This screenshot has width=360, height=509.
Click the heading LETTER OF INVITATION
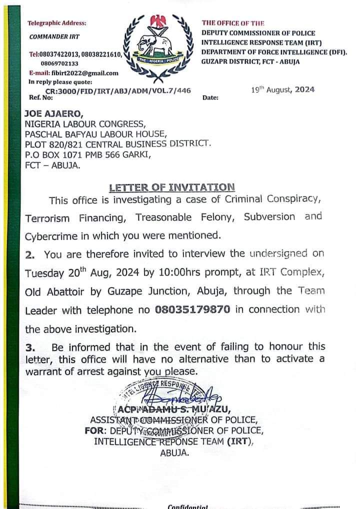171,187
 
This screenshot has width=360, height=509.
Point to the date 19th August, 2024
282,90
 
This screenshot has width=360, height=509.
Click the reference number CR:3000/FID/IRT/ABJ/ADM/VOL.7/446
118,90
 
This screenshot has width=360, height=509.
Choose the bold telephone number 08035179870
192,309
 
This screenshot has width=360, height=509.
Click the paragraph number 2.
30,254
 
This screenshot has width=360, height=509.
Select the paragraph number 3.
30,346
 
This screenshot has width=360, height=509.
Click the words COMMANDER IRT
54,36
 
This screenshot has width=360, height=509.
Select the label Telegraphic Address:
56,23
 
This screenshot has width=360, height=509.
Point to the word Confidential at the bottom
187,505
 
